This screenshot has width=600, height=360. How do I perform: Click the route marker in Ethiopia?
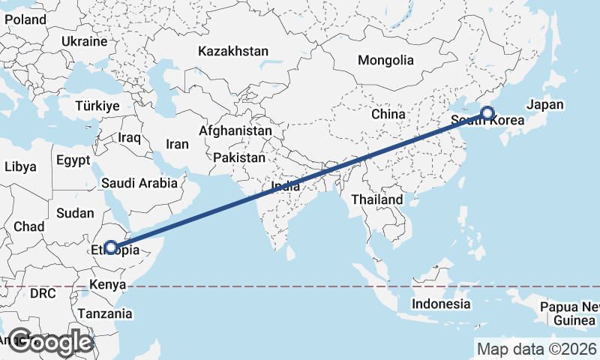coord(111,247)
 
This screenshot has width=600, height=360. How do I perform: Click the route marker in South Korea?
coord(487,113)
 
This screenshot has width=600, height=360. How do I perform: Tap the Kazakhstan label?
coord(233,51)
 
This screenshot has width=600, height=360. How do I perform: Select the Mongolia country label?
coord(385,60)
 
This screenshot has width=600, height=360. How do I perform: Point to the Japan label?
coord(545,105)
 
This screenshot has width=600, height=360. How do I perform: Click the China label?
coord(388,114)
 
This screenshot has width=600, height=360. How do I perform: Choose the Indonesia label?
coord(441,304)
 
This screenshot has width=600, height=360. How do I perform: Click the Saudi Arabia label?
coord(140,182)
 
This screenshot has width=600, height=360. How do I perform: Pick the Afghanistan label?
coord(235,130)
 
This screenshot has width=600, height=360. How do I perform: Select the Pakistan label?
coord(239,157)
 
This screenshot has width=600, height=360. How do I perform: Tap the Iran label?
coord(177,144)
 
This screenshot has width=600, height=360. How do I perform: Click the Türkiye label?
coord(97,106)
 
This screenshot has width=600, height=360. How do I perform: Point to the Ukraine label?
coord(85,40)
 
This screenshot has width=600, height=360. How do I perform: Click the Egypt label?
coord(73,160)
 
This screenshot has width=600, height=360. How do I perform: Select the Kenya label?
coord(106,284)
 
